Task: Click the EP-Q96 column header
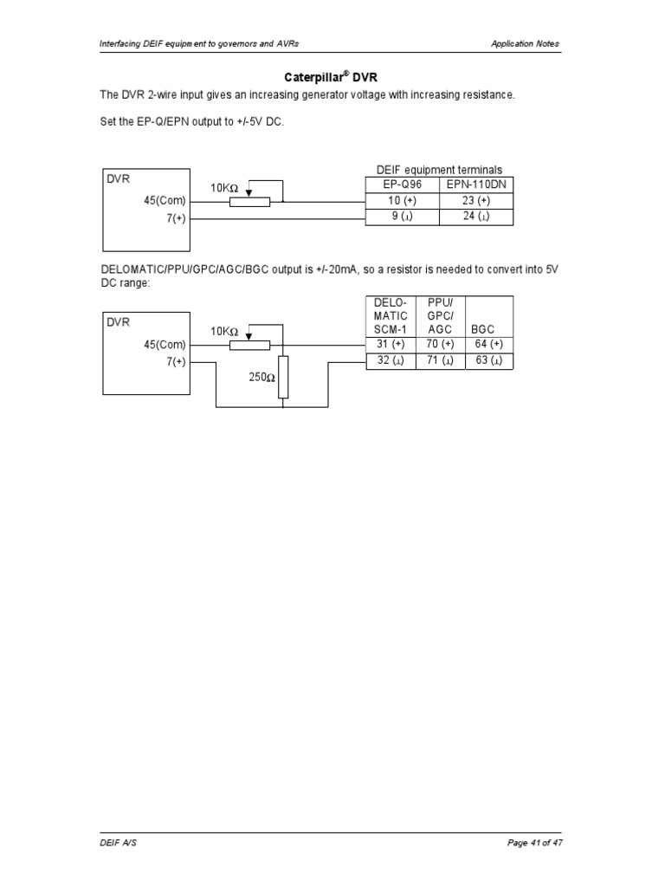point(403,185)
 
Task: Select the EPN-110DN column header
point(476,185)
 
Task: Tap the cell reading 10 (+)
point(403,201)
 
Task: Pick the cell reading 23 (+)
point(476,201)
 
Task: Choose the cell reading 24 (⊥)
point(476,217)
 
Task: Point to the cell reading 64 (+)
point(489,345)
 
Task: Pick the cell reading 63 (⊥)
point(489,360)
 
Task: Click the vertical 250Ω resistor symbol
point(283,378)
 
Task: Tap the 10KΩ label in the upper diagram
point(223,188)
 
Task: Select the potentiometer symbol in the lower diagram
point(249,345)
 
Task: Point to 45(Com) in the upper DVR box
point(165,201)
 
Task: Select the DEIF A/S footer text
point(115,843)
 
